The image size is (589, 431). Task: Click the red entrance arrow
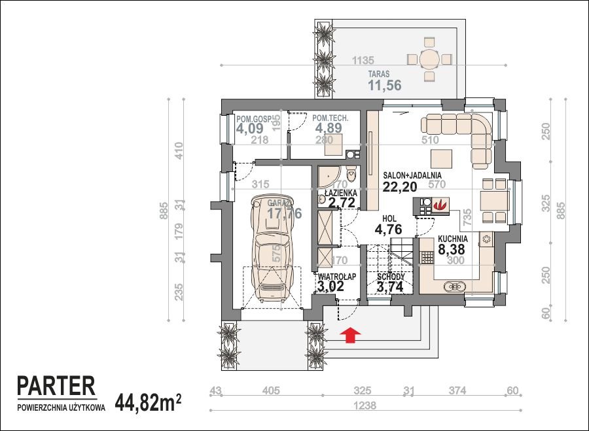coord(351,336)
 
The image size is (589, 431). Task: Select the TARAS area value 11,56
coord(384,85)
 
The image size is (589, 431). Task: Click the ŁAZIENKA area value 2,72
coord(342,203)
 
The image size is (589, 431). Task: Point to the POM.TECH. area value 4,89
coord(329,128)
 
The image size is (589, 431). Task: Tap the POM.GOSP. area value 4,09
coord(251,129)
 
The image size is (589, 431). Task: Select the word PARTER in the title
coord(56,386)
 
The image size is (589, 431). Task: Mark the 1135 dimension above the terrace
coord(363,60)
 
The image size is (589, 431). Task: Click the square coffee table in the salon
coord(440,158)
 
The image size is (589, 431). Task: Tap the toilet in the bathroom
coord(352,175)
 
